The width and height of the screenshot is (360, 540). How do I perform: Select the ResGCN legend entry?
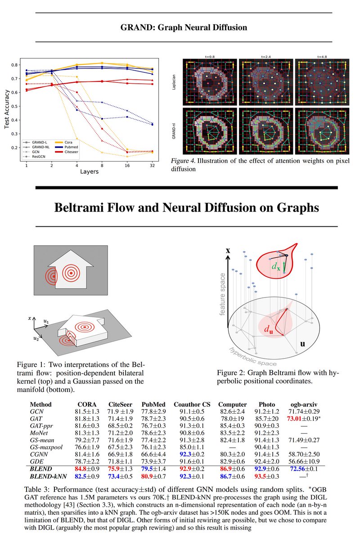(40, 156)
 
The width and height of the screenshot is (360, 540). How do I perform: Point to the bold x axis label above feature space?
(228, 251)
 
